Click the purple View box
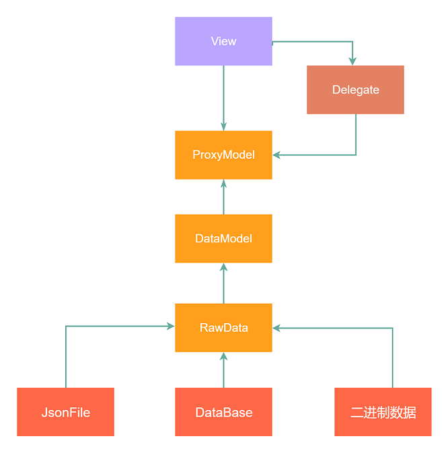(223, 41)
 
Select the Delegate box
(355, 90)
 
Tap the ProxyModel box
(223, 155)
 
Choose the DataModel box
(223, 238)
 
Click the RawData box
(223, 328)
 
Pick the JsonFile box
(65, 412)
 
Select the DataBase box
(223, 412)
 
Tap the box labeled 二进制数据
(383, 412)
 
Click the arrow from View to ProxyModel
(223, 98)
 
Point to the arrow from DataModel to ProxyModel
(223, 197)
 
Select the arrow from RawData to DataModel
(223, 283)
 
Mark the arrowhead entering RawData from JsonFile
(171, 326)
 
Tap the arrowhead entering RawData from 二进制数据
(276, 328)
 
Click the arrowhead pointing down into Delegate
(352, 61)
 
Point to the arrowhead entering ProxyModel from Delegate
(276, 155)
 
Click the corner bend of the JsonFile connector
(66, 326)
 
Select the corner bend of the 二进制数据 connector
(392, 328)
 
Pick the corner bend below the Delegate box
(355, 155)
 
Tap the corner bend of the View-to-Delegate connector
(352, 42)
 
